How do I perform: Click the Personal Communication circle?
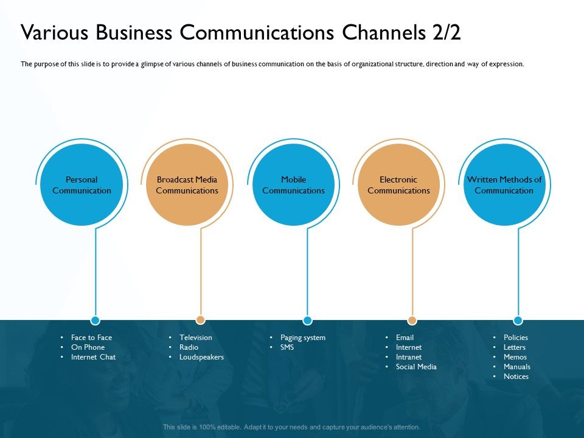coord(82,185)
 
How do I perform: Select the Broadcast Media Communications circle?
coord(187,185)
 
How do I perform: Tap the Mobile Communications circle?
coord(293,185)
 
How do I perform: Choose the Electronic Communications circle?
coord(398,185)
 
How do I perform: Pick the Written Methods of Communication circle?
coord(504,185)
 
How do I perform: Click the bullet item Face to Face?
coord(91,338)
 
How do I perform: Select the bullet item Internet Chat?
coord(93,357)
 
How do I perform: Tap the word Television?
coord(195,338)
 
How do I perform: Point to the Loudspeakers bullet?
coord(201,357)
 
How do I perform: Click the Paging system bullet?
coord(302,338)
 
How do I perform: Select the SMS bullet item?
coord(287,347)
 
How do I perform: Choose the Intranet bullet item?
coord(408,357)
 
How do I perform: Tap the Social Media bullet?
coord(416,367)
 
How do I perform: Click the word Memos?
coord(515,357)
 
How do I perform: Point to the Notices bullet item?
coord(516,377)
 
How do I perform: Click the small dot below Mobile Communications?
coord(307,320)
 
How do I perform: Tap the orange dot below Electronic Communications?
coord(412,320)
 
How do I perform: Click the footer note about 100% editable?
coord(291,427)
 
